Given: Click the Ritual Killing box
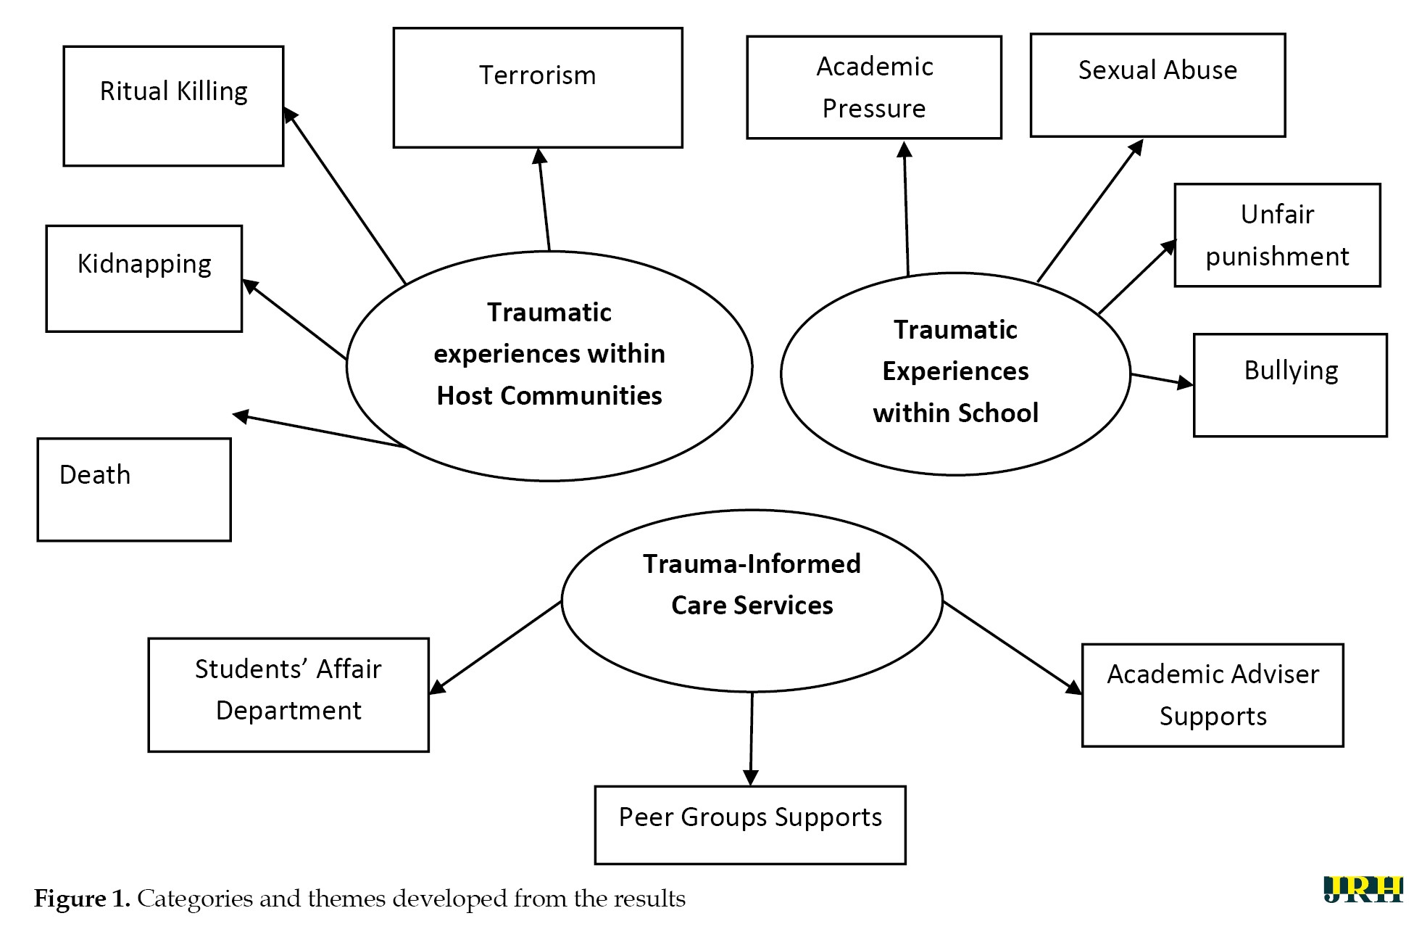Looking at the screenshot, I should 173,106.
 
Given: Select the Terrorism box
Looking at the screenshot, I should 537,88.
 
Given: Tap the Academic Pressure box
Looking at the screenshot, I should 873,87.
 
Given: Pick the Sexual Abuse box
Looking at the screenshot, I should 1157,85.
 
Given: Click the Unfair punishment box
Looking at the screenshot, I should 1276,235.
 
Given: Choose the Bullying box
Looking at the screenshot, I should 1289,385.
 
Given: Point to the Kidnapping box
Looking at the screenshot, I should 144,278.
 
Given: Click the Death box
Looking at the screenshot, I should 134,490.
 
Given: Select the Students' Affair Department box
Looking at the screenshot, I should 288,694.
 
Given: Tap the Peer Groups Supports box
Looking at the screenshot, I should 749,825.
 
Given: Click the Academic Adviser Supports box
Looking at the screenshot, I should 1212,695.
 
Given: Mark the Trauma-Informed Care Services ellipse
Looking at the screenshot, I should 752,600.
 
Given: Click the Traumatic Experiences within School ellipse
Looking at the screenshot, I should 955,373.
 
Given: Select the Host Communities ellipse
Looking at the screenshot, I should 549,366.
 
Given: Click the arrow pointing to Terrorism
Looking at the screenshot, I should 544,199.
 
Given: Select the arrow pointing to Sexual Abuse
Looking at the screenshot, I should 1089,210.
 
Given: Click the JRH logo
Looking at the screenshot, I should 1362,890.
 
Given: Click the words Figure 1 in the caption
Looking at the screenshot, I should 82,899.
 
